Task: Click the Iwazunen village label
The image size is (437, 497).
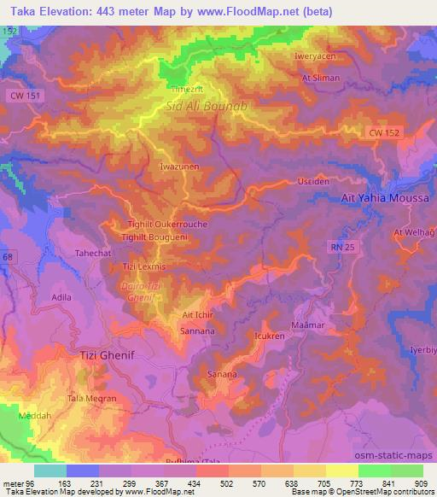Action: click(179, 167)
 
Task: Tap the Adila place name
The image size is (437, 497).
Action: click(61, 297)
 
